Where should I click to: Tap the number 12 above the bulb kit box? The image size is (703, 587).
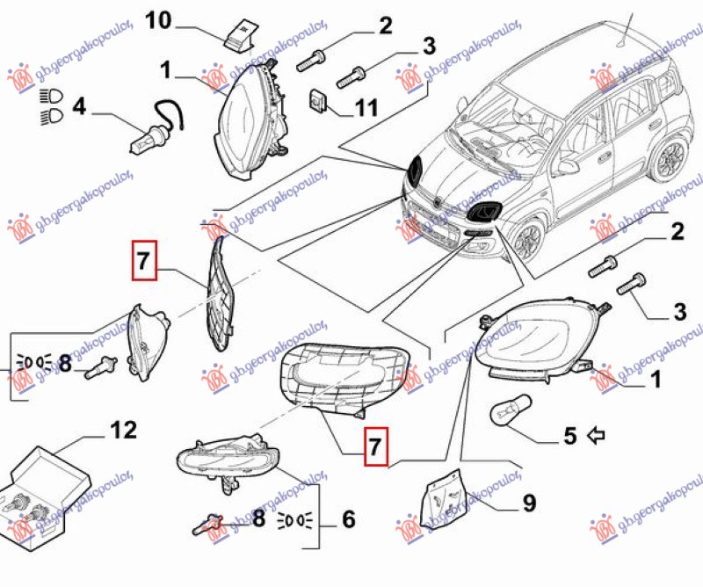124,431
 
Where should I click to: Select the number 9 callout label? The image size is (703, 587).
529,504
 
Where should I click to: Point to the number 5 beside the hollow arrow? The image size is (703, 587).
569,434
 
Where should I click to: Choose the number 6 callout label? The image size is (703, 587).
348,519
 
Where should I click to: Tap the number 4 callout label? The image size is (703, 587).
80,108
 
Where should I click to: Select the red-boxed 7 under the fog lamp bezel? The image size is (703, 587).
375,446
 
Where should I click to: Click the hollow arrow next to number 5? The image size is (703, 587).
599,434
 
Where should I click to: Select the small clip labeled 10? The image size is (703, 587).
237,32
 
